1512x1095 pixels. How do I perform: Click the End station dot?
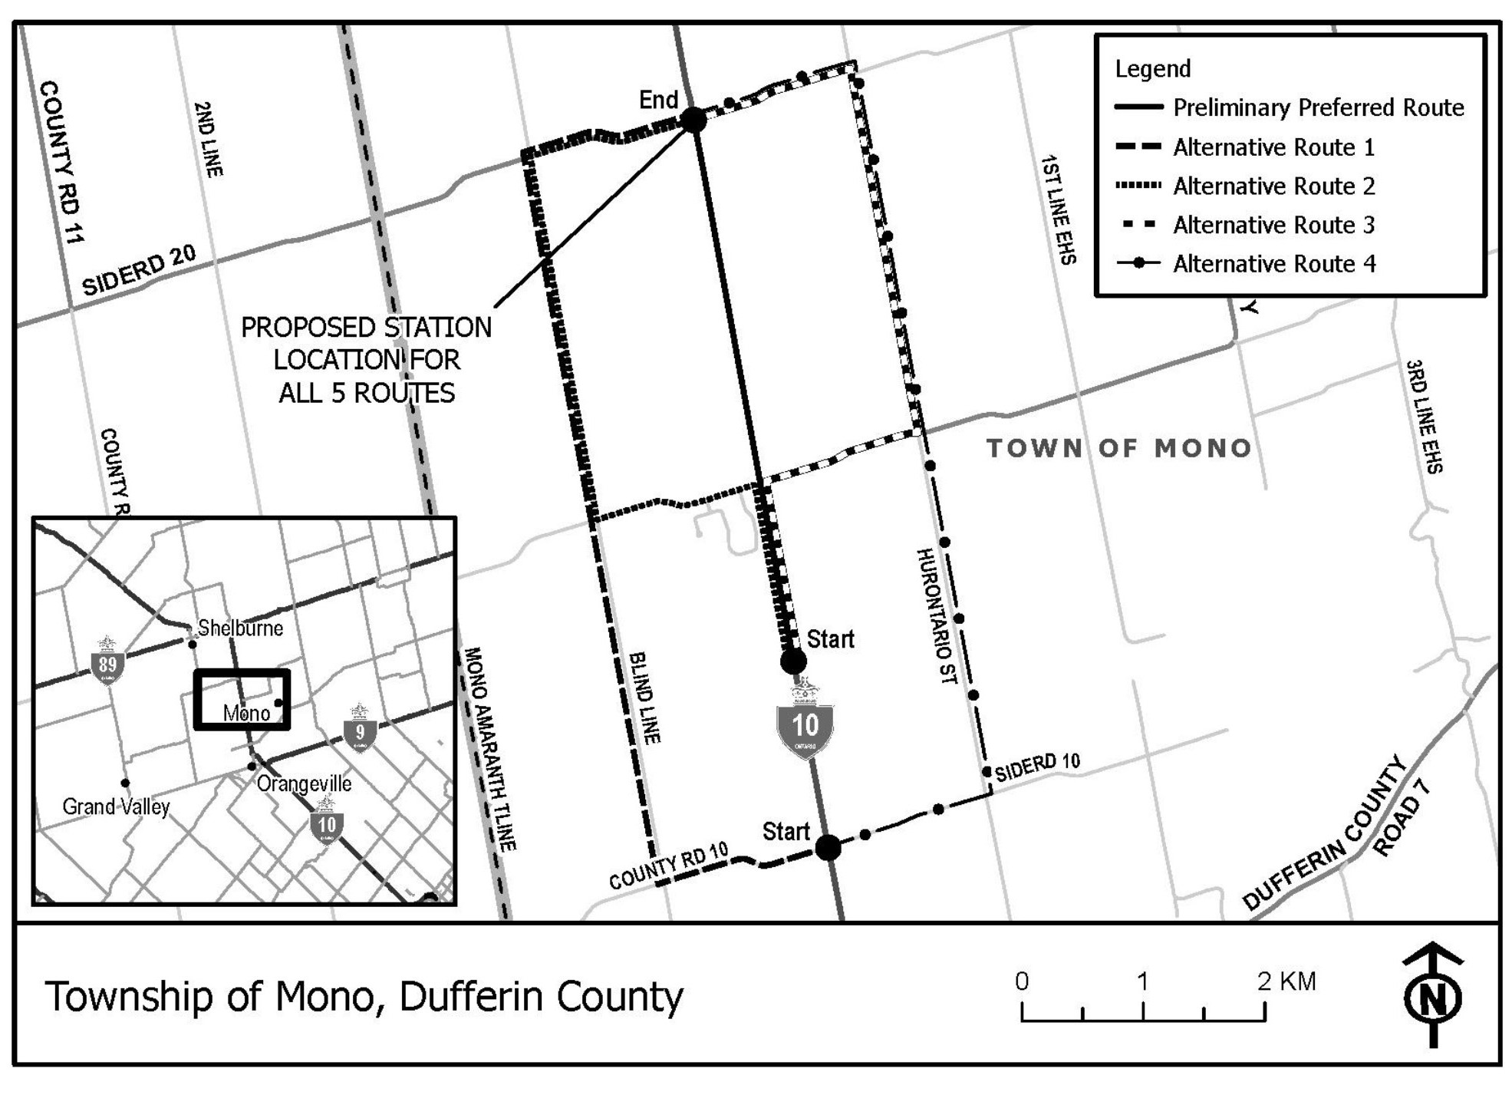(x=693, y=120)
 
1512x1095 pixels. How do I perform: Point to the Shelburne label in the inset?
(x=240, y=628)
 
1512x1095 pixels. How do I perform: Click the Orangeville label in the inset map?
(x=304, y=783)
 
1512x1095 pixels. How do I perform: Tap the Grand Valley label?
(x=116, y=806)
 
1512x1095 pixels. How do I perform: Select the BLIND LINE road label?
(x=644, y=697)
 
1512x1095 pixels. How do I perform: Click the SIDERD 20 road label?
(x=139, y=271)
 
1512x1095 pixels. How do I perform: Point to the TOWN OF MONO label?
(x=1119, y=448)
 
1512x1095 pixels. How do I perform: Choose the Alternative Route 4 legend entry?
(x=1273, y=264)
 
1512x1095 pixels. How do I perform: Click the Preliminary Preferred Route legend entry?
(x=1318, y=107)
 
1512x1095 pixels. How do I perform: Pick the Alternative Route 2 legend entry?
(x=1273, y=186)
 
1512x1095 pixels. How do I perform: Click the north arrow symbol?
(x=1432, y=996)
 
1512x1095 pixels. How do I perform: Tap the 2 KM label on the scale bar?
(x=1286, y=981)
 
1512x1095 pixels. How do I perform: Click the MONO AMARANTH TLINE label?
(x=489, y=749)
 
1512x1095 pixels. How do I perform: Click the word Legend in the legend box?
(x=1152, y=69)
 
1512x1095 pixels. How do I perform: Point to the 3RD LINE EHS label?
(x=1425, y=416)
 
